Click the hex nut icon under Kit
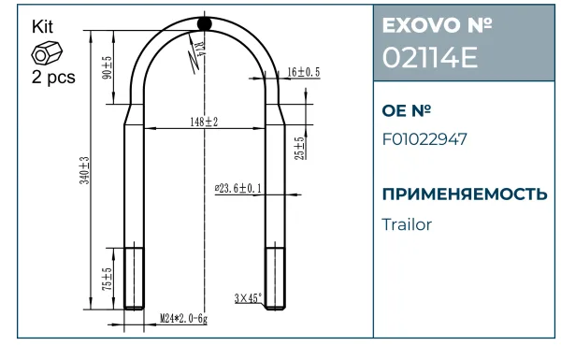point(47,53)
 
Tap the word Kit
point(42,27)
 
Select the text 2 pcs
point(53,77)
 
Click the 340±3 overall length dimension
point(85,170)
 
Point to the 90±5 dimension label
point(108,67)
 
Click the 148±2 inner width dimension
point(204,122)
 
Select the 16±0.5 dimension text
point(304,72)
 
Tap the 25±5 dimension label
point(300,148)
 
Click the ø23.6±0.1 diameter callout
point(237,188)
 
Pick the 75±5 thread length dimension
point(108,280)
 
